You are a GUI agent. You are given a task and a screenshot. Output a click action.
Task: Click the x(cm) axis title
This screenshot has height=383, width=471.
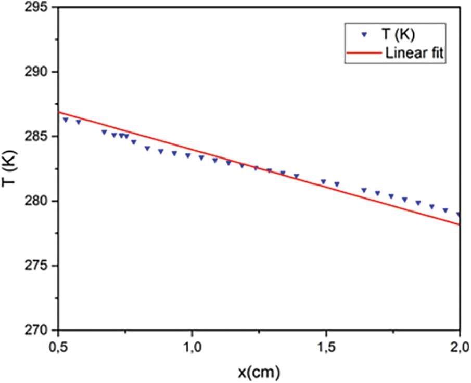click(259, 372)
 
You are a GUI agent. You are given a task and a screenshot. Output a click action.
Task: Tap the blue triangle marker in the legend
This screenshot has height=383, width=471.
click(364, 35)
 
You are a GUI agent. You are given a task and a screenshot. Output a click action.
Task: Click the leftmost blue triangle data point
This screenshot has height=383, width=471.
click(66, 120)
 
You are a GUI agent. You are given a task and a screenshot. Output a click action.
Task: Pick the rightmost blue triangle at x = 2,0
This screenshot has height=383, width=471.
click(459, 214)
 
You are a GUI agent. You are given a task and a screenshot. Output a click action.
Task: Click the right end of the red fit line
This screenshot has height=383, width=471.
click(460, 224)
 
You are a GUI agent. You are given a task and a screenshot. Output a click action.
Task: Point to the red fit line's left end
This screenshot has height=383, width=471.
click(59, 112)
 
